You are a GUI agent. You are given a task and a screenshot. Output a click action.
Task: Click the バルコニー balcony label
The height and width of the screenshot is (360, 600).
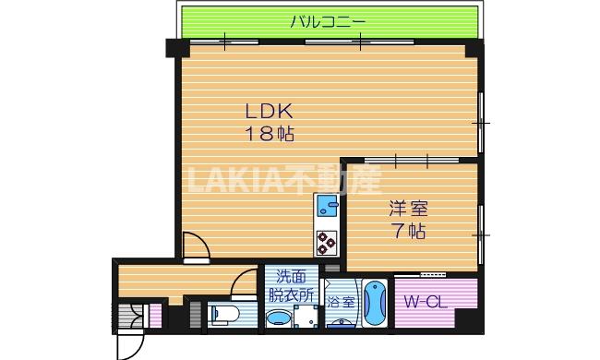click(x=328, y=20)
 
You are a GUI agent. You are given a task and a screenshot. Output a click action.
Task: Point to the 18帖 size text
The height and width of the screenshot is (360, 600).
click(x=269, y=134)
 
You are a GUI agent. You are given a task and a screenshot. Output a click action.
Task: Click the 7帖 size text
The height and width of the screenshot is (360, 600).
click(x=405, y=232)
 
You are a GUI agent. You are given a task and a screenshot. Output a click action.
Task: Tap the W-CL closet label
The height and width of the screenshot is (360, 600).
click(x=426, y=301)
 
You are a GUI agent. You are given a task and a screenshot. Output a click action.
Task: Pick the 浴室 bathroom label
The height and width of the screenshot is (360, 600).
click(x=341, y=301)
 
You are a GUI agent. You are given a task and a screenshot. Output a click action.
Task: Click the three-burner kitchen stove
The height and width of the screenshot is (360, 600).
click(x=328, y=242)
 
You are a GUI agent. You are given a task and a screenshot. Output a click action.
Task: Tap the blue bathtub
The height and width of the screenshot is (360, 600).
click(x=375, y=302)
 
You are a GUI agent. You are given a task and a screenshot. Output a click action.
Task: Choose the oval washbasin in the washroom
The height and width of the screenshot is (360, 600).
click(x=277, y=320)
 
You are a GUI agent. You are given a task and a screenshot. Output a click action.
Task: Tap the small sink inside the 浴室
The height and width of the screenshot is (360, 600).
click(x=342, y=322)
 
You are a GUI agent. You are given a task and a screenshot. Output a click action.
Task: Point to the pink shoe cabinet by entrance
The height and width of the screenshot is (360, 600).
click(x=155, y=315)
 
